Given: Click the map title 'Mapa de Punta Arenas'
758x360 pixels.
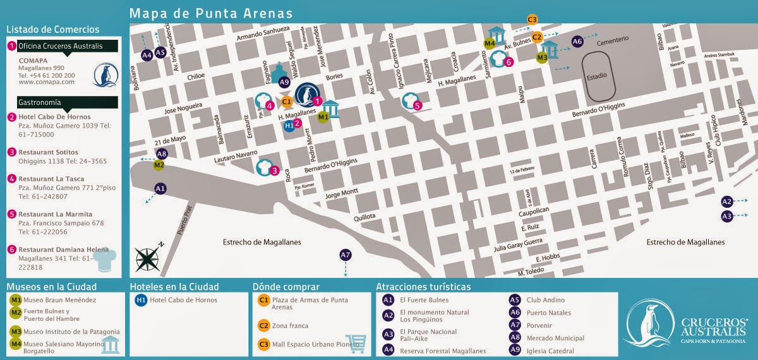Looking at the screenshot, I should tap(210, 13).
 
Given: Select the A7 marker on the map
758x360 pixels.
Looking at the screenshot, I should tap(345, 255).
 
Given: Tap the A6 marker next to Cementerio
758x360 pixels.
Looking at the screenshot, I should tap(577, 42).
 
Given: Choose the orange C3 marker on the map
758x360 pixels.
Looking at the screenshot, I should tap(532, 19).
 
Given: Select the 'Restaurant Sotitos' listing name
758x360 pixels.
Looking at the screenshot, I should tap(48, 152).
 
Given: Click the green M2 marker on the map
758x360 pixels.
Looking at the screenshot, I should tap(159, 165).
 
